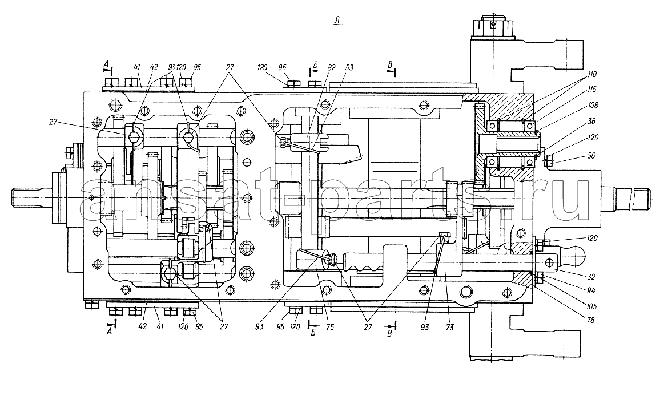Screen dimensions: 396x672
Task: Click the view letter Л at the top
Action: point(339,22)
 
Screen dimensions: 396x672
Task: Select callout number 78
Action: point(590,321)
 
